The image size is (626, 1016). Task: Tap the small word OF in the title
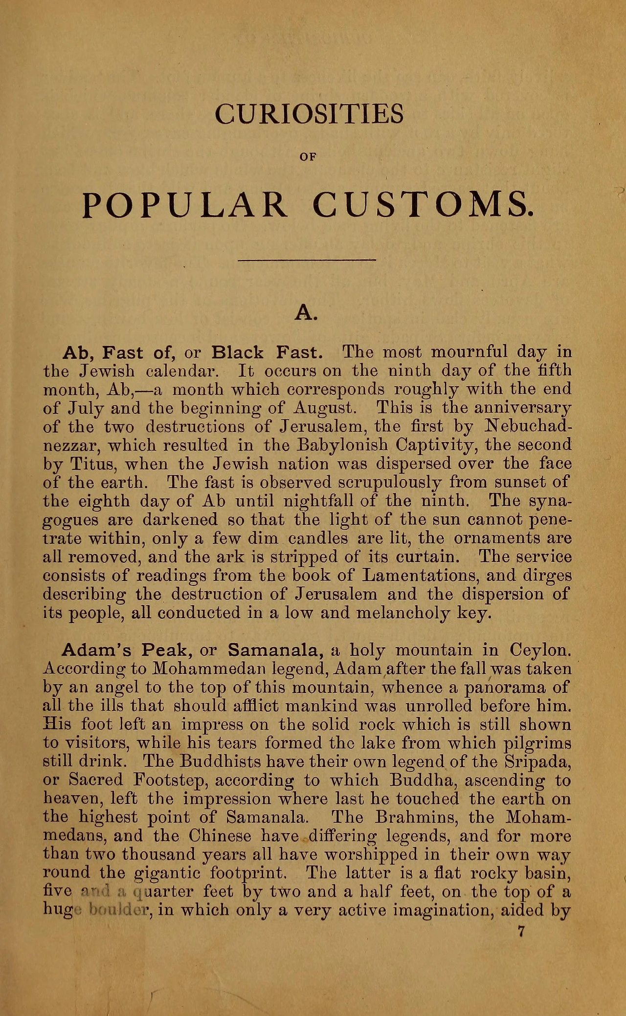309,157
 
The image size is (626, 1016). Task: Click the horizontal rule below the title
307,259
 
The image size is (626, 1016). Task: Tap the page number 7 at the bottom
521,933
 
